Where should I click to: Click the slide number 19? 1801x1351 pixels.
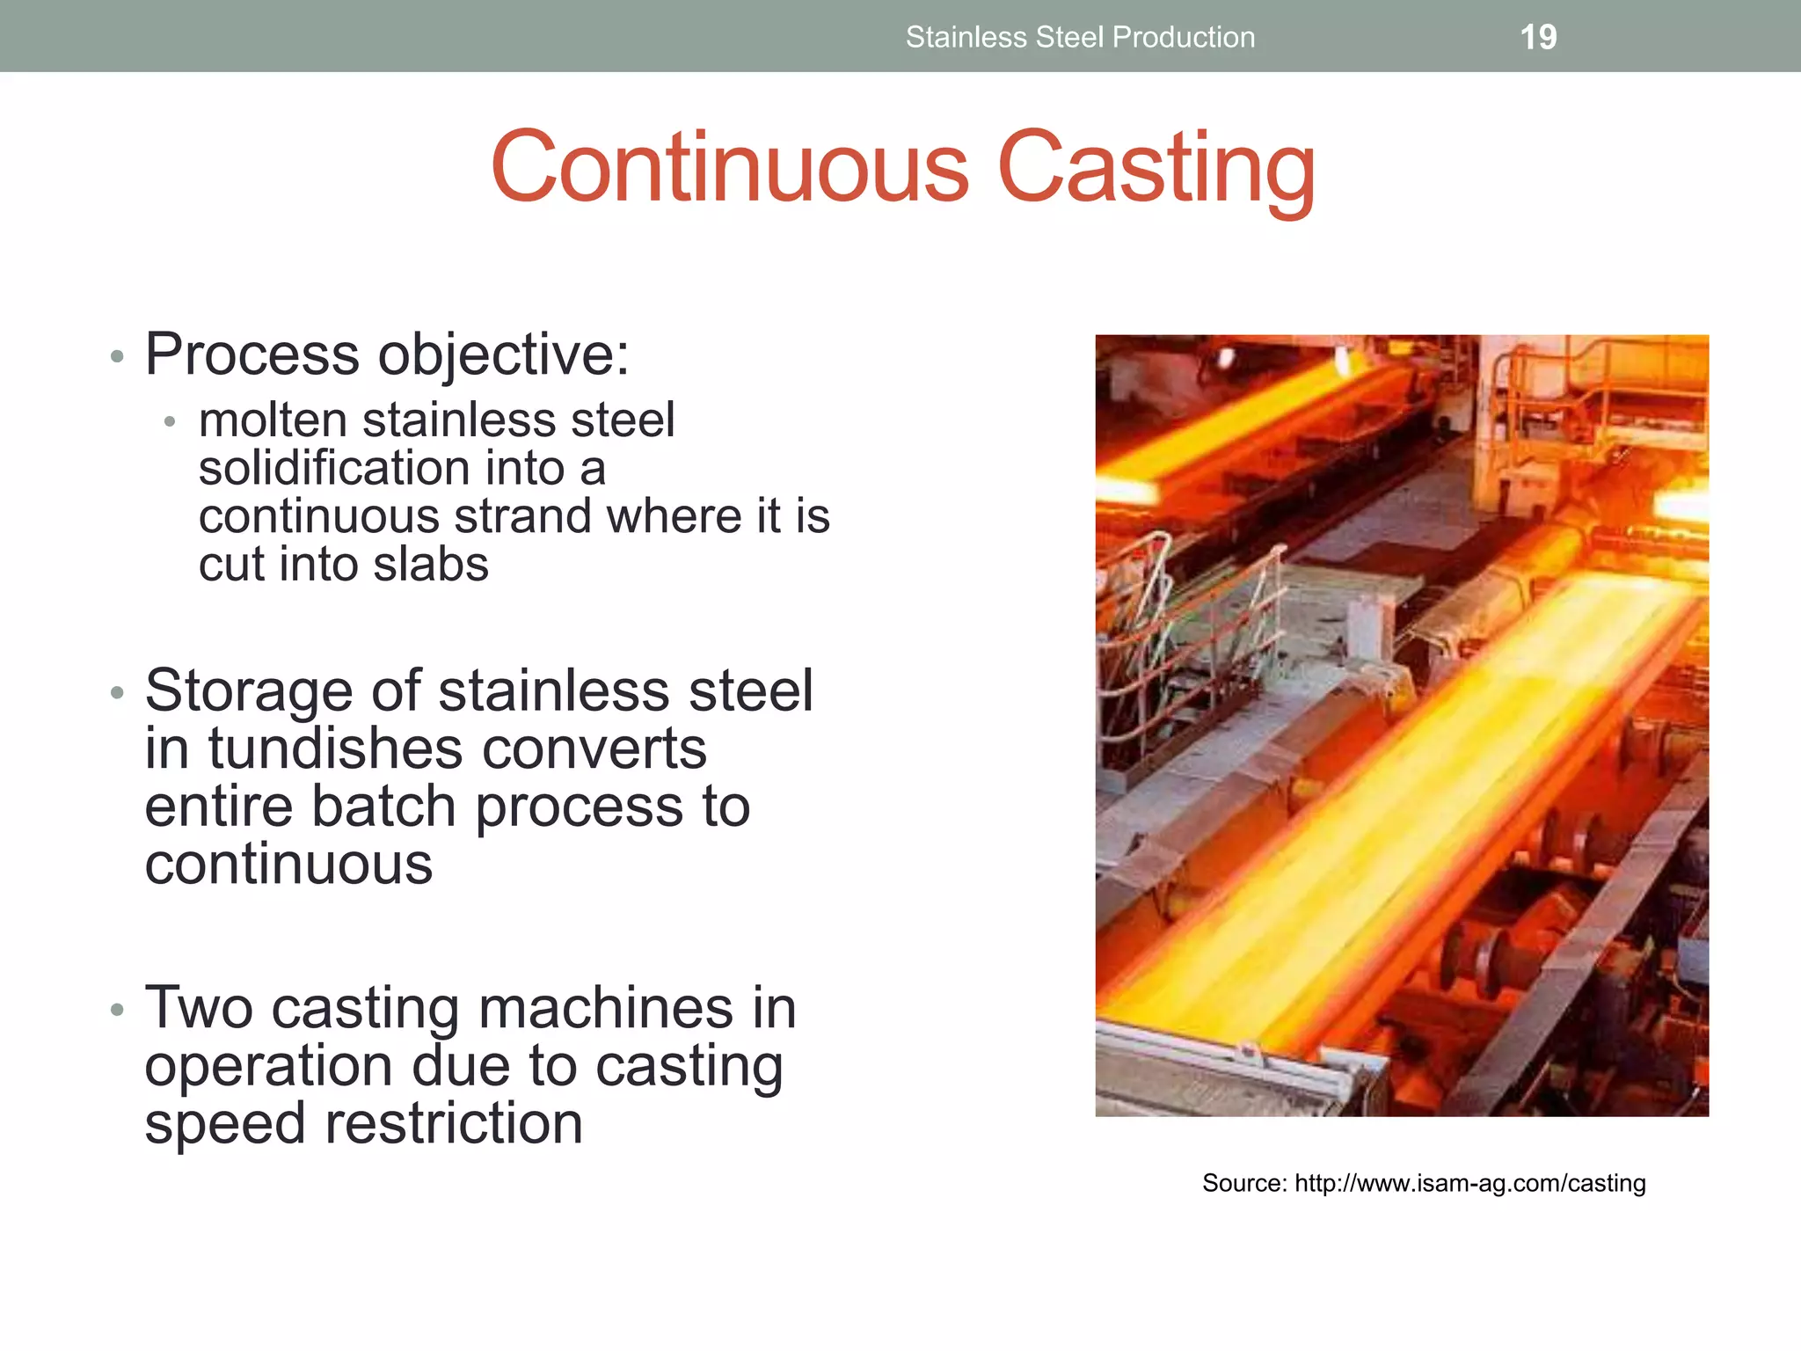(1538, 38)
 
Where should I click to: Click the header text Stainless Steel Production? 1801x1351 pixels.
(1080, 38)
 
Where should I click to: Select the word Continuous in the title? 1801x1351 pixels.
(730, 167)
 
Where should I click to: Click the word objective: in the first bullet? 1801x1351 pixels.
(503, 355)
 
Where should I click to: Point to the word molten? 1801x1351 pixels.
(273, 420)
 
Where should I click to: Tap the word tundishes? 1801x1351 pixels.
(334, 749)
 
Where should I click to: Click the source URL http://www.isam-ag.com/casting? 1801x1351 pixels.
(1469, 1183)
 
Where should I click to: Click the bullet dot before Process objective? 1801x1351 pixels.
(118, 358)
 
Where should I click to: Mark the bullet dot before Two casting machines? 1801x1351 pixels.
(118, 1010)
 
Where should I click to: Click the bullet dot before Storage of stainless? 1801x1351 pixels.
(118, 694)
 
